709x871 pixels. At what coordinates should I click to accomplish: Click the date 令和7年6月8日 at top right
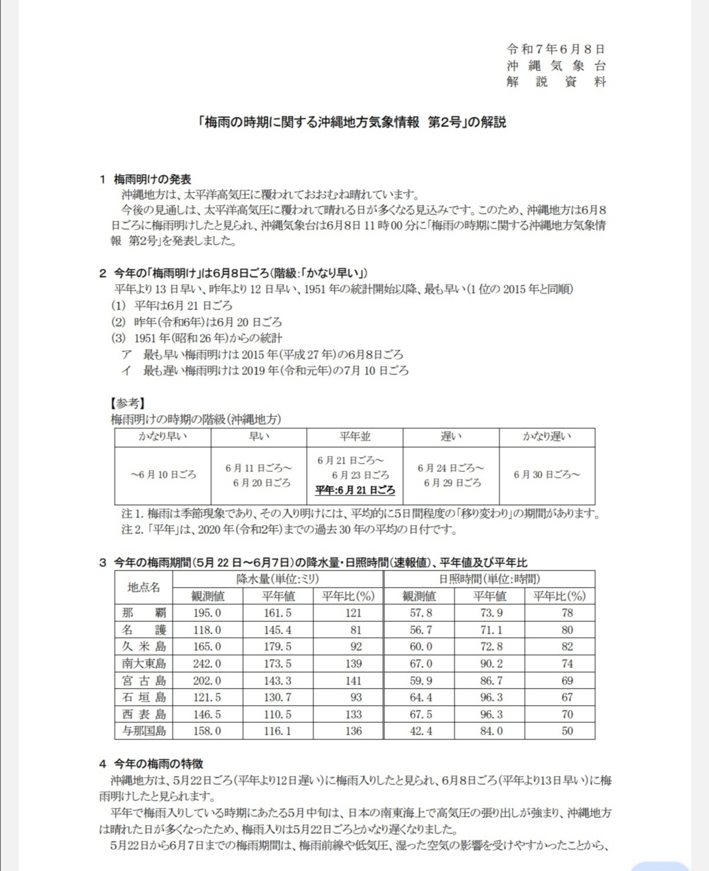[x=555, y=49]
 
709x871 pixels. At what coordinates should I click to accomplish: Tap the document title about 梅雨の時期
[x=353, y=122]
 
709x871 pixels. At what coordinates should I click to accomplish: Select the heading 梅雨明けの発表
[x=152, y=179]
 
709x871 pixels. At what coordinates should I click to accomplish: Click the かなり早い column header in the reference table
[x=162, y=436]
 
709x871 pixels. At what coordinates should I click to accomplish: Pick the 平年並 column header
[x=354, y=436]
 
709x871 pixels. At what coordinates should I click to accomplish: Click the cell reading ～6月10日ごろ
[x=162, y=475]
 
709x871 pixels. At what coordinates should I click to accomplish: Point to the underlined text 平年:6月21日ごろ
[x=354, y=490]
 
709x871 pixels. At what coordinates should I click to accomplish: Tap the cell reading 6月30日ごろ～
[x=547, y=475]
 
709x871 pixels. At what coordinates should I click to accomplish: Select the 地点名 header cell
[x=144, y=587]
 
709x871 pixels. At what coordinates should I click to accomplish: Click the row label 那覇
[x=144, y=613]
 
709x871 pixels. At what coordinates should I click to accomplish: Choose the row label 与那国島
[x=144, y=731]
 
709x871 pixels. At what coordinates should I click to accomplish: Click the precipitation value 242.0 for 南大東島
[x=207, y=664]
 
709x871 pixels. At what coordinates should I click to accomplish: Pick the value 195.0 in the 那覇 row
[x=207, y=613]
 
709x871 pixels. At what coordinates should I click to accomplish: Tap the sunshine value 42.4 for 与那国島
[x=421, y=731]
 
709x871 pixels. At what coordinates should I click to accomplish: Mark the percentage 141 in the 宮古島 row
[x=353, y=681]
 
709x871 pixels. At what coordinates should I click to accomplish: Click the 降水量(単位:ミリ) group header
[x=277, y=579]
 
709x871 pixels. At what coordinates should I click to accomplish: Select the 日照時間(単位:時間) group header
[x=489, y=579]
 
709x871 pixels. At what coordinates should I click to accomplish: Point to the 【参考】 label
[x=127, y=403]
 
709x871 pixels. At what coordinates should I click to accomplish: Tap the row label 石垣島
[x=144, y=697]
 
